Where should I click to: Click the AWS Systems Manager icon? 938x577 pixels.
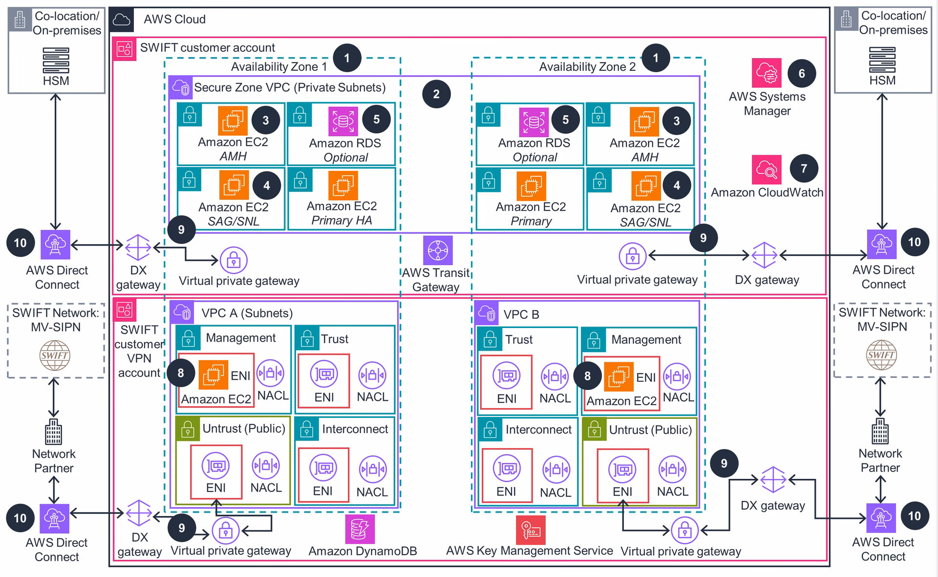point(766,73)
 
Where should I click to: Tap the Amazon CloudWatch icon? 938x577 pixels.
point(766,169)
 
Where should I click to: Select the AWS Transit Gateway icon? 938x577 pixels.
point(438,250)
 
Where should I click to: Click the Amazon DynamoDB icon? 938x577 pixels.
point(360,529)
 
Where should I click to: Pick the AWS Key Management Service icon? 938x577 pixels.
point(531,530)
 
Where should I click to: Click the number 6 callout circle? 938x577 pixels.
point(802,73)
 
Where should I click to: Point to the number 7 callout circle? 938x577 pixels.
point(804,169)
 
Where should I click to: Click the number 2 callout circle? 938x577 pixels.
point(436,94)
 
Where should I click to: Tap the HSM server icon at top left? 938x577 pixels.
point(56,60)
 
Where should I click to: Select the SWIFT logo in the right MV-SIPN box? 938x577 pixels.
point(881,355)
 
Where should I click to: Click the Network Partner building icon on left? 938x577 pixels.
point(53,432)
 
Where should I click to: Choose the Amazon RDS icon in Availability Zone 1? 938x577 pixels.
point(343,121)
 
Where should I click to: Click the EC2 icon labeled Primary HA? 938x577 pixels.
point(343,185)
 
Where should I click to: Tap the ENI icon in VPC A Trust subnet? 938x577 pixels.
point(324,374)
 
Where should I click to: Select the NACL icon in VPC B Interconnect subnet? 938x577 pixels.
point(556,470)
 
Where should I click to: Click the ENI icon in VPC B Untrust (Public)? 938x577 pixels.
point(622,470)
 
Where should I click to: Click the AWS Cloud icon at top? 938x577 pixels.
point(121,20)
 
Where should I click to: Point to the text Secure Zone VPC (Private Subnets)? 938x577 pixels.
point(290,87)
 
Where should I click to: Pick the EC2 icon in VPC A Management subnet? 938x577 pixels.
point(213,375)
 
